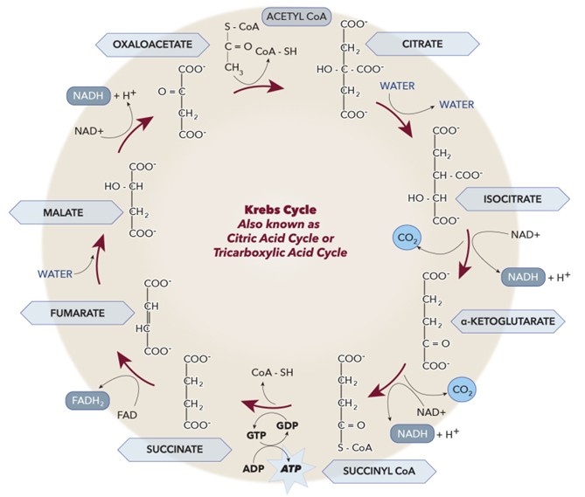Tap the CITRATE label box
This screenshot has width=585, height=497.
[x=422, y=42]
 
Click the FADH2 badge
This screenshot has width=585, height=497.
[x=87, y=400]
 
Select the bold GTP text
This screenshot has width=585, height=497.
[x=256, y=432]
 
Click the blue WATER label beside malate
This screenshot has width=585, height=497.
[x=54, y=273]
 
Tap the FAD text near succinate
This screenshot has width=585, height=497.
[x=128, y=416]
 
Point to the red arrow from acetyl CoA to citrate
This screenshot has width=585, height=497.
[x=260, y=85]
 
